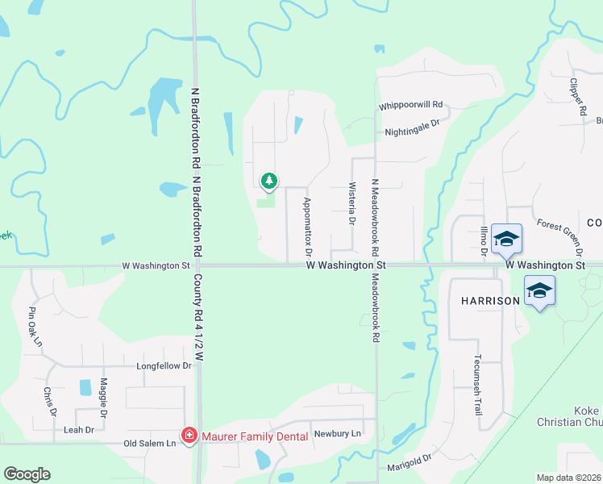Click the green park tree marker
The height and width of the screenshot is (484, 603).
pyautogui.click(x=269, y=181)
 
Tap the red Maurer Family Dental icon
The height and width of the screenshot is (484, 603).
pyautogui.click(x=189, y=436)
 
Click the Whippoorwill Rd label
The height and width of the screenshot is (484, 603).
pyautogui.click(x=411, y=106)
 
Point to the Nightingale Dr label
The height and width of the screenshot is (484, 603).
pyautogui.click(x=411, y=124)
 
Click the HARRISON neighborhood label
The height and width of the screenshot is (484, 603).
pyautogui.click(x=490, y=301)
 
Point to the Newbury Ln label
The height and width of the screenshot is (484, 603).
pyautogui.click(x=338, y=433)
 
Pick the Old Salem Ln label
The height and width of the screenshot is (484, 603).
pyautogui.click(x=149, y=444)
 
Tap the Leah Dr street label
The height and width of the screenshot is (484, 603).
pyautogui.click(x=78, y=430)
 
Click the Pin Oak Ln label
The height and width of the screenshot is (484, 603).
pyautogui.click(x=35, y=326)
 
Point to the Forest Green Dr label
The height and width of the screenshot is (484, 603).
pyautogui.click(x=559, y=235)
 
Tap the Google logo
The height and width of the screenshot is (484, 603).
pyautogui.click(x=27, y=474)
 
